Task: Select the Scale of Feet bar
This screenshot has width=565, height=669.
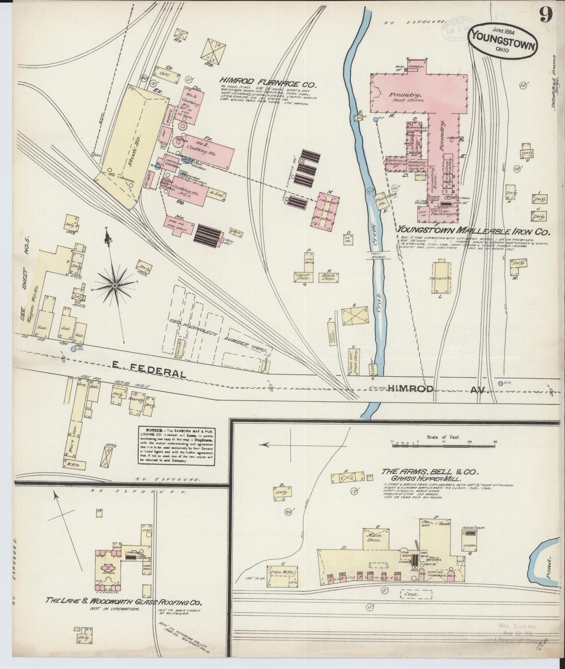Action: [x=443, y=442]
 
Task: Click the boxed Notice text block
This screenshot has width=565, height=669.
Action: [x=177, y=445]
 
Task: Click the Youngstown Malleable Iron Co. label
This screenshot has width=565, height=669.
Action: [x=473, y=232]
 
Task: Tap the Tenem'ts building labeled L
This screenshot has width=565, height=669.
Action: [x=441, y=278]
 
